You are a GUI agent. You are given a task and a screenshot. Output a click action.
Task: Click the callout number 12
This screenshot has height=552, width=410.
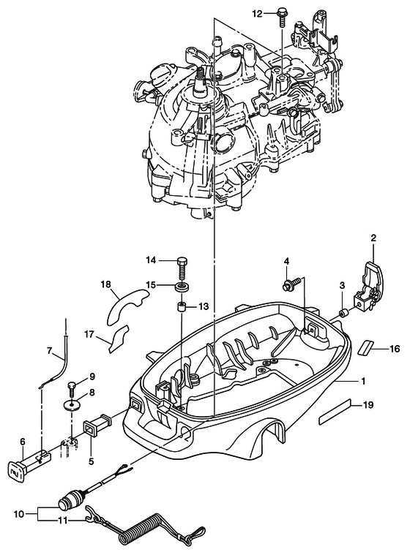pyautogui.click(x=258, y=14)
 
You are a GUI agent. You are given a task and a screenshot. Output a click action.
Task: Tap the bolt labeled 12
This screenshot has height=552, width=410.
pyautogui.click(x=282, y=17)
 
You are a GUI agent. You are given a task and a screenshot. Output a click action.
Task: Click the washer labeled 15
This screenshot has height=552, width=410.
pyautogui.click(x=182, y=286)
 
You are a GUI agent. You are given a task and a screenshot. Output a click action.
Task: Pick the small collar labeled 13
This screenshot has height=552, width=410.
pyautogui.click(x=182, y=306)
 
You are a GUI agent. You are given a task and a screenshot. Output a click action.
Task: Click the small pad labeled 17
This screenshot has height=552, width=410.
pyautogui.click(x=119, y=339)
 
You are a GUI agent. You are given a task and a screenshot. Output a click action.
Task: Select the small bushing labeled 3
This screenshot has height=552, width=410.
pyautogui.click(x=343, y=313)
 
